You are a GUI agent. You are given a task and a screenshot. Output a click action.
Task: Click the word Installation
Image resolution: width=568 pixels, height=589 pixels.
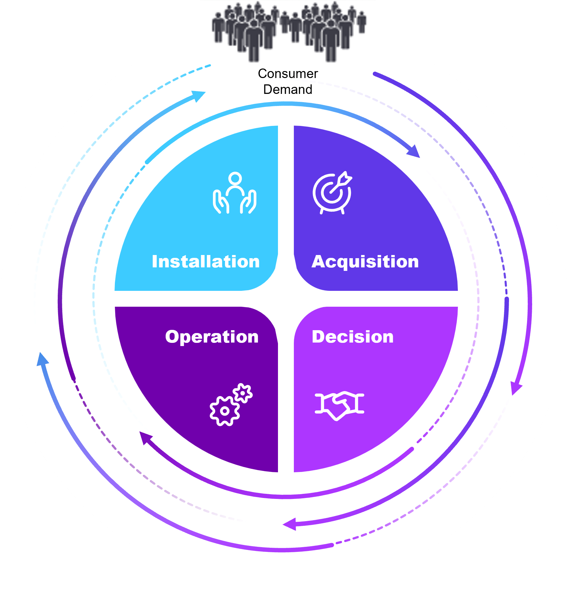pos(206,262)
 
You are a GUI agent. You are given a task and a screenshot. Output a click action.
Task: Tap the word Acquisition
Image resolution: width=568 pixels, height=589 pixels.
pos(365,262)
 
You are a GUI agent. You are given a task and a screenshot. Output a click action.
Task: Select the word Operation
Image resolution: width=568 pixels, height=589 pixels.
pos(212,337)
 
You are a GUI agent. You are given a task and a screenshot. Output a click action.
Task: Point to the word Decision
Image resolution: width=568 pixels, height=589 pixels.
pos(353,337)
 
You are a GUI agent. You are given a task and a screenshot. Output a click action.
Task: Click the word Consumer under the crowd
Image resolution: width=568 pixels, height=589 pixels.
pos(288,74)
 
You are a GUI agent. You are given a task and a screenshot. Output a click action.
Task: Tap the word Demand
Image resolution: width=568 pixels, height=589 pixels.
pos(288,89)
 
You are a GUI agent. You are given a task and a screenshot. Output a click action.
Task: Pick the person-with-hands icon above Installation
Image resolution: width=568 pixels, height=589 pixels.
pos(234,193)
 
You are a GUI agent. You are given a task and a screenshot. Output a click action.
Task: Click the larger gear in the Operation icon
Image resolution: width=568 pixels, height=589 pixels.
pos(225,411)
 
